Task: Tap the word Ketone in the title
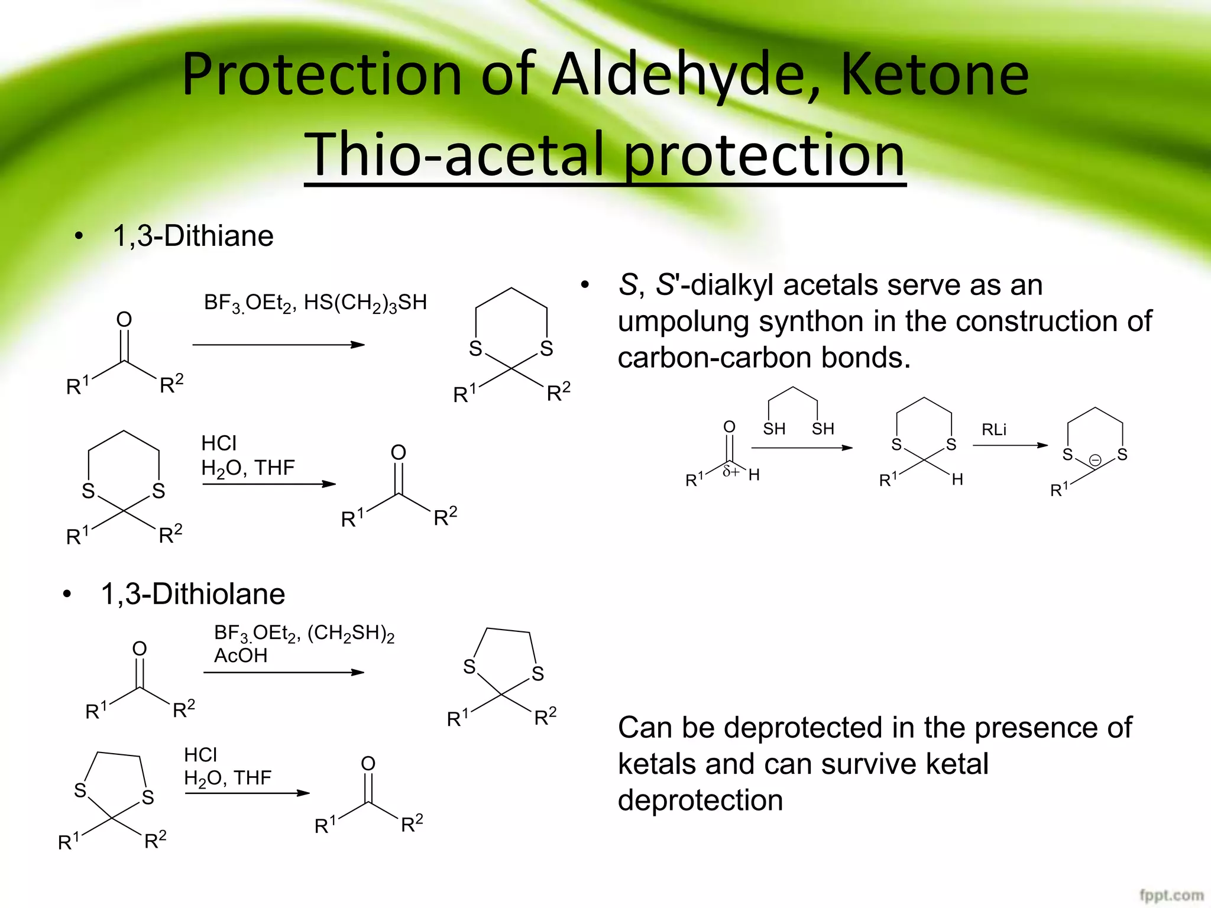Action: click(x=934, y=76)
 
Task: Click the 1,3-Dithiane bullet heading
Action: click(x=193, y=236)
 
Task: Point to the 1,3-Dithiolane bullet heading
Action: click(x=193, y=594)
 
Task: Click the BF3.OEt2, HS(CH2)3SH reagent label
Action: click(x=315, y=303)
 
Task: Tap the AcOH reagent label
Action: click(x=241, y=656)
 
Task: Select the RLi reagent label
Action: click(x=994, y=430)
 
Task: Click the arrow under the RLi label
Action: click(x=1010, y=445)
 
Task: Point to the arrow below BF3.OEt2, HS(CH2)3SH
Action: click(x=279, y=345)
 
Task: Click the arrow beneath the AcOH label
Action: click(x=284, y=672)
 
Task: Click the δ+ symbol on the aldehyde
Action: click(x=731, y=472)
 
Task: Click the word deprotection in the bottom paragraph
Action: click(x=700, y=800)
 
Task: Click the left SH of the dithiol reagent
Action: click(x=774, y=429)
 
